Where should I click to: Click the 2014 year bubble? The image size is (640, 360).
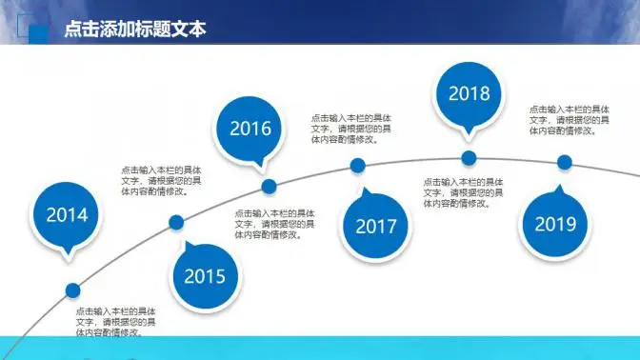tap(67, 214)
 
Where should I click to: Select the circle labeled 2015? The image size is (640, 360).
tap(205, 276)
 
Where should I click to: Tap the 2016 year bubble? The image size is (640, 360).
tap(250, 129)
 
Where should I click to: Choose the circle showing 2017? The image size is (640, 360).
tap(375, 226)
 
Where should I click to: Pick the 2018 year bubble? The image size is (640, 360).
tap(469, 93)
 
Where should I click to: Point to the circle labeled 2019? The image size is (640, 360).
tap(555, 224)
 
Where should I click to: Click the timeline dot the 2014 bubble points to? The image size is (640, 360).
tap(72, 290)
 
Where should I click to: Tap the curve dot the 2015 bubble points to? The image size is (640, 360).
tap(176, 223)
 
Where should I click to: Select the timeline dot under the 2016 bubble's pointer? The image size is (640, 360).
tap(270, 186)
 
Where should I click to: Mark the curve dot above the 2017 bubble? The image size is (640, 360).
tap(358, 166)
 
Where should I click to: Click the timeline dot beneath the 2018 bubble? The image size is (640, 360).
tap(469, 157)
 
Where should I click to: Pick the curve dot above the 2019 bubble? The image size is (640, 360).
tap(565, 162)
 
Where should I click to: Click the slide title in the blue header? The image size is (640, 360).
tap(134, 29)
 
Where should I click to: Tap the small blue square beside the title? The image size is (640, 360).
tap(39, 33)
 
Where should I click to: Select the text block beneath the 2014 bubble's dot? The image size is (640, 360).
tap(117, 322)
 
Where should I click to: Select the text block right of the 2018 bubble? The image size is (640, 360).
tap(570, 120)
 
